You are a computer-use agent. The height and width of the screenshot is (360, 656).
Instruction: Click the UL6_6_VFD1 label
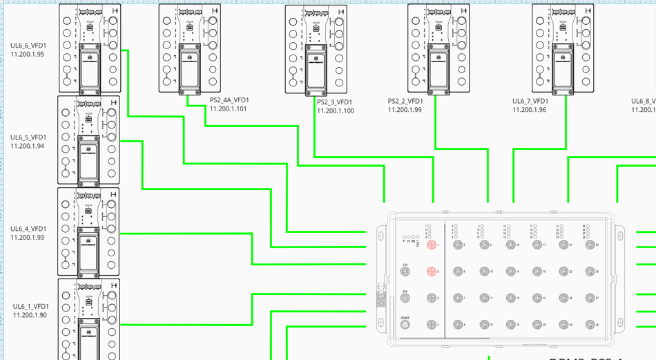(28, 46)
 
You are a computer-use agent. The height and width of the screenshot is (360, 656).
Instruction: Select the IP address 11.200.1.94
(28, 146)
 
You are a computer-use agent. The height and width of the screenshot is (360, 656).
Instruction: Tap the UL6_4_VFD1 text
(28, 229)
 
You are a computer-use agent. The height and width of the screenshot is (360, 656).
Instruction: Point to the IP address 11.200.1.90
(30, 315)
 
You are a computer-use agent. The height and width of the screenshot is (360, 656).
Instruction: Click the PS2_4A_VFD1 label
(229, 100)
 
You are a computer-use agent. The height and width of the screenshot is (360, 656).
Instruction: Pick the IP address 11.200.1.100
(336, 111)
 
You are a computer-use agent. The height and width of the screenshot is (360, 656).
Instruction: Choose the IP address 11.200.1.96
(530, 110)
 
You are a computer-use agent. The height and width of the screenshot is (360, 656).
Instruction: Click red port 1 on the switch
(432, 245)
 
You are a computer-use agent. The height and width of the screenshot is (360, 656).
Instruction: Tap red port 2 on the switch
(432, 272)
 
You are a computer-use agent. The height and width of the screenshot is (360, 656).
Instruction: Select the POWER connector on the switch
(405, 325)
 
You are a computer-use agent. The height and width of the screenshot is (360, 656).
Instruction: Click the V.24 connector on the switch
(405, 272)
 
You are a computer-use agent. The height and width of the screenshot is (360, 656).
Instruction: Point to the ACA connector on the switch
(405, 298)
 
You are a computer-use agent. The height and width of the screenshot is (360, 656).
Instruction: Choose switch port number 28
(590, 325)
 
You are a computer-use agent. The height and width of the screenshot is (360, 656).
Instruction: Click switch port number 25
(590, 245)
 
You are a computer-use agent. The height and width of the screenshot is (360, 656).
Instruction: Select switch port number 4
(432, 325)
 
